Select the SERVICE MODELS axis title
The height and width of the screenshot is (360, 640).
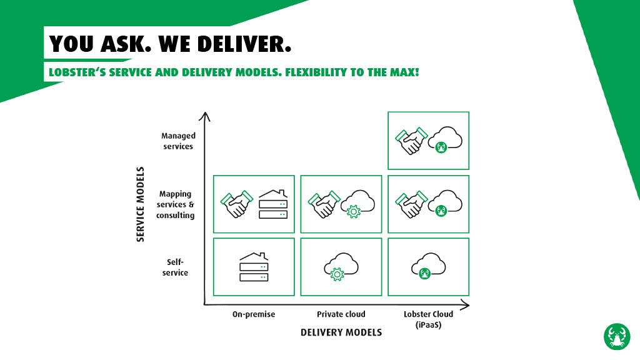(x=141, y=204)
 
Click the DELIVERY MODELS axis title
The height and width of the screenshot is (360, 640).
(x=341, y=332)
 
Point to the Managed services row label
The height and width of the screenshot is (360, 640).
(x=178, y=141)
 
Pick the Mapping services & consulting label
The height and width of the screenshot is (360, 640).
(x=176, y=204)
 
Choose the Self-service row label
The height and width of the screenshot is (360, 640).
(x=175, y=267)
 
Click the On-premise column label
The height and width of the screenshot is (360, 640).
(x=254, y=314)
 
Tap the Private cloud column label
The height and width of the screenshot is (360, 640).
(x=341, y=314)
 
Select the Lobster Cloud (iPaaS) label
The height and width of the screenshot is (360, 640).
(x=428, y=319)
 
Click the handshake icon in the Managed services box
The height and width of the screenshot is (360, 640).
(x=411, y=141)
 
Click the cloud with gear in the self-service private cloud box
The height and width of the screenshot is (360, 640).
(x=341, y=266)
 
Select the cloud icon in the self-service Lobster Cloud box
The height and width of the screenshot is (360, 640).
(x=428, y=266)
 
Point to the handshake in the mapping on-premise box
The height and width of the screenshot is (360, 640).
(x=236, y=204)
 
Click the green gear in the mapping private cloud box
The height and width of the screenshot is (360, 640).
(x=353, y=212)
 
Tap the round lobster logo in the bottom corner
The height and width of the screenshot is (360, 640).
(x=617, y=336)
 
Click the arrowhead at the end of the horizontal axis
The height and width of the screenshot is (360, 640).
(x=465, y=305)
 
